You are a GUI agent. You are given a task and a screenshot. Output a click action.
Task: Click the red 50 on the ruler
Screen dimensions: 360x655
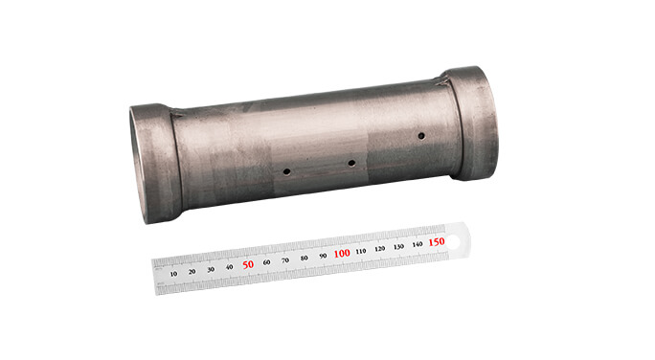pyautogui.click(x=248, y=263)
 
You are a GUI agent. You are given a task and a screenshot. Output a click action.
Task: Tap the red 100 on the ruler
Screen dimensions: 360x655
pyautogui.click(x=342, y=253)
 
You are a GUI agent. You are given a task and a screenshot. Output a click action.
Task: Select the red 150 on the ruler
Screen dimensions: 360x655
pyautogui.click(x=437, y=241)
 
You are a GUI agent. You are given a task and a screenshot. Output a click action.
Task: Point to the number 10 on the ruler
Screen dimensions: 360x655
pyautogui.click(x=173, y=273)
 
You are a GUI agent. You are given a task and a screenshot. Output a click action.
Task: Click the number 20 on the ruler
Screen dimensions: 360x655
pyautogui.click(x=192, y=271)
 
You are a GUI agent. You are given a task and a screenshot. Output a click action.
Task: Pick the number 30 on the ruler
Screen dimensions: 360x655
pyautogui.click(x=211, y=269)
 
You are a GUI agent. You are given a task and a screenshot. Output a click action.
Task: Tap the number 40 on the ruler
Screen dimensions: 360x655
pyautogui.click(x=230, y=266)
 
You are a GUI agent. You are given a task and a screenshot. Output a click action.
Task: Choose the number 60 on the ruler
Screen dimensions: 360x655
pyautogui.click(x=267, y=261)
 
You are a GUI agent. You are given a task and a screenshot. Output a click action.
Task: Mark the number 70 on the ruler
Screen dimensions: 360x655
pyautogui.click(x=285, y=259)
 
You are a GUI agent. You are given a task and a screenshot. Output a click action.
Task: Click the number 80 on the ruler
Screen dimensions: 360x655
pyautogui.click(x=305, y=258)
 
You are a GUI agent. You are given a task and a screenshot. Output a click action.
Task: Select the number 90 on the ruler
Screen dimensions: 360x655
pyautogui.click(x=323, y=255)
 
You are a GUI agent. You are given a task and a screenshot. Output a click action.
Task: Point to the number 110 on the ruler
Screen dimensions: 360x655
pyautogui.click(x=361, y=251)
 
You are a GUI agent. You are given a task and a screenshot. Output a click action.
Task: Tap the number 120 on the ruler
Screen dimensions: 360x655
pyautogui.click(x=380, y=248)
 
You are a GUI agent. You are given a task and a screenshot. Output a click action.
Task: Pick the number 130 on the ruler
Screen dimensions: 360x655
pyautogui.click(x=398, y=246)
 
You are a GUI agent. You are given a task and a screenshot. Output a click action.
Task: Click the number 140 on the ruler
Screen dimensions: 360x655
pyautogui.click(x=418, y=244)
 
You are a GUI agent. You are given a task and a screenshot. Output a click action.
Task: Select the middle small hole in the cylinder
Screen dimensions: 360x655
pyautogui.click(x=351, y=164)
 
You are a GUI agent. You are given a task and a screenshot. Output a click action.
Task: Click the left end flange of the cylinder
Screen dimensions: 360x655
pyautogui.click(x=152, y=161)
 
